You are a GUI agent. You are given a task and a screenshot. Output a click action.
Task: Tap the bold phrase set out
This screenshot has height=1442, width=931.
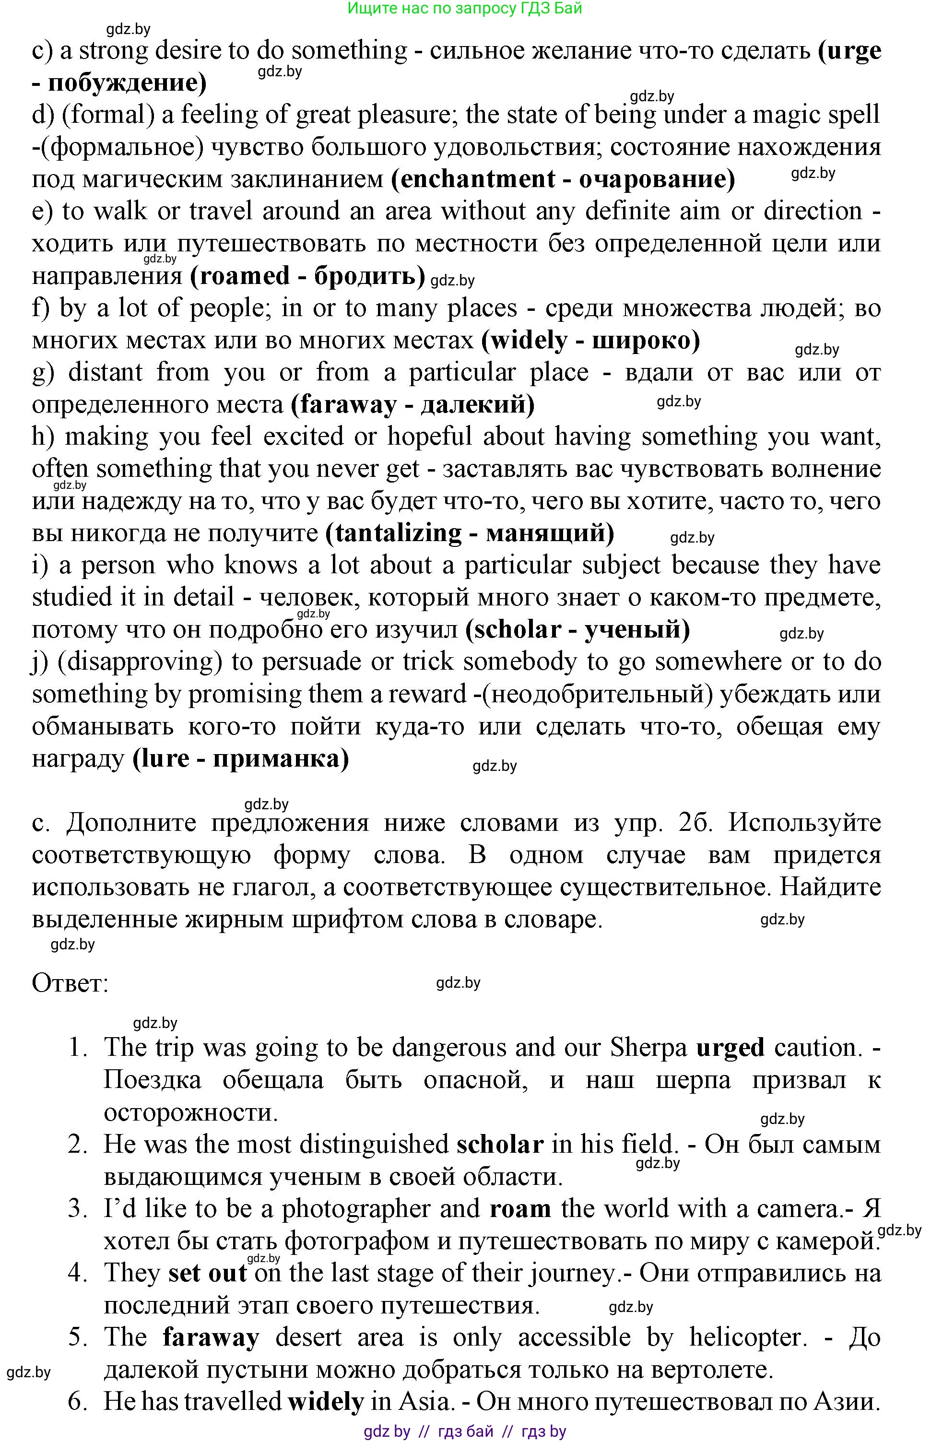pyautogui.click(x=207, y=1273)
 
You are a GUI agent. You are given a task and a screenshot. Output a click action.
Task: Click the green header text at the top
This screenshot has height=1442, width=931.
pyautogui.click(x=464, y=9)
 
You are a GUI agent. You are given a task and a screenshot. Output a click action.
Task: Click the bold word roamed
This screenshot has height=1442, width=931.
pyautogui.click(x=240, y=276)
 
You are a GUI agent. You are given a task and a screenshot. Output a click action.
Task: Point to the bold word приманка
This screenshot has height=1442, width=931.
pyautogui.click(x=281, y=759)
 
